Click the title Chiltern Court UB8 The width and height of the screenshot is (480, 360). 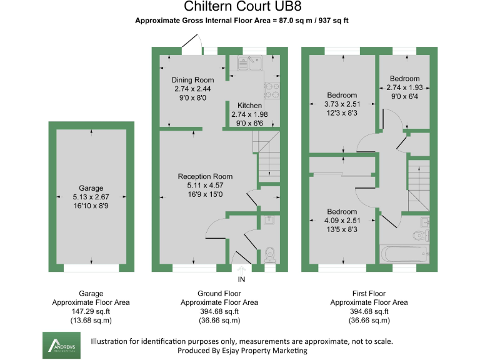pos(240,7)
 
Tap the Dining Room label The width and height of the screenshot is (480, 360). pos(193,80)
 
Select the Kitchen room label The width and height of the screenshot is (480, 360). pos(249,106)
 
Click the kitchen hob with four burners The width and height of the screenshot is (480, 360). pos(272,91)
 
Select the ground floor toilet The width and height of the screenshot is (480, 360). pos(270,252)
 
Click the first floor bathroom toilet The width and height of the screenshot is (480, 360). pos(421,235)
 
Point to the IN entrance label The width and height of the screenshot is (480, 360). pos(241,279)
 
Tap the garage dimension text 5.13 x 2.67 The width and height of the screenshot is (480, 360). pos(91,197)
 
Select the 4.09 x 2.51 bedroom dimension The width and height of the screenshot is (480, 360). pos(342,221)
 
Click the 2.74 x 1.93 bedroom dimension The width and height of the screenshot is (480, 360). pos(404,87)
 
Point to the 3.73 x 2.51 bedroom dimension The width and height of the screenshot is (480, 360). pos(342,104)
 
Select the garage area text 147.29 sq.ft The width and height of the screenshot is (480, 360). pos(91,311)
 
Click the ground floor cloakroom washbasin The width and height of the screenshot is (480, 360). pos(268,220)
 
